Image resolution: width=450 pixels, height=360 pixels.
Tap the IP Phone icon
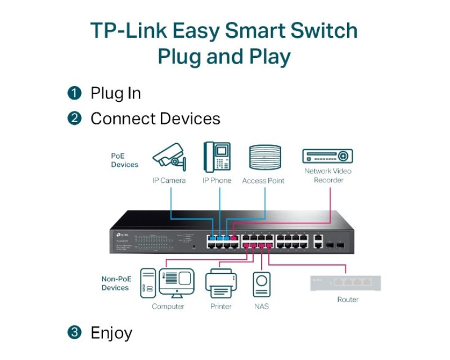[x=217, y=157]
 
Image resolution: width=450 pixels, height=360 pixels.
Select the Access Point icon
[x=264, y=157]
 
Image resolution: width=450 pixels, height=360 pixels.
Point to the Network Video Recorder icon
[x=327, y=156]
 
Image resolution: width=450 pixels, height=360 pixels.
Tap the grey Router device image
[x=345, y=283]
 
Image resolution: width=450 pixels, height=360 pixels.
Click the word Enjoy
[x=111, y=333]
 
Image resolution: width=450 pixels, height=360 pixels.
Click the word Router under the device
[x=348, y=300]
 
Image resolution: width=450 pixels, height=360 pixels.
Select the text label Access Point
[x=263, y=181]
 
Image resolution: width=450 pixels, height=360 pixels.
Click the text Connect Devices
[x=155, y=119]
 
